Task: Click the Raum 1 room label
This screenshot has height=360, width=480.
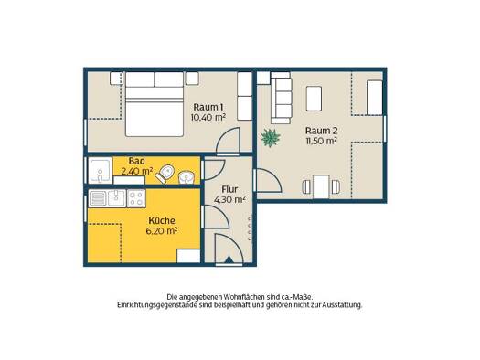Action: [208, 107]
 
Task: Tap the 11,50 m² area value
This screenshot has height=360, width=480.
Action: [322, 141]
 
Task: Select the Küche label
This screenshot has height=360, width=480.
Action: [162, 220]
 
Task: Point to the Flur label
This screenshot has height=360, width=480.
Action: [229, 190]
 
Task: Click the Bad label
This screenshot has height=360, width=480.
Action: [137, 161]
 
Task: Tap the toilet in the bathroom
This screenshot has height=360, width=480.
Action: [165, 174]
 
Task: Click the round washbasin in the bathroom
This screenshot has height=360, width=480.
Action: [187, 177]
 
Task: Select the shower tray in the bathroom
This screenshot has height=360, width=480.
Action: [100, 170]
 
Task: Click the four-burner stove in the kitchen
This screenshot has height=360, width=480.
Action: [136, 198]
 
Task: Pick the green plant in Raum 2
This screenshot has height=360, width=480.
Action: [271, 138]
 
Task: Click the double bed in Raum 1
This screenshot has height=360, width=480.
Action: [155, 104]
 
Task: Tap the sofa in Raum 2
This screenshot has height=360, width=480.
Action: [281, 98]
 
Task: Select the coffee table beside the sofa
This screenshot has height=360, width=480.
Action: [314, 99]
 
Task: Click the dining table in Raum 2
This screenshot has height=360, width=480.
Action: [321, 186]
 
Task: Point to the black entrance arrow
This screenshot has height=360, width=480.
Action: [229, 259]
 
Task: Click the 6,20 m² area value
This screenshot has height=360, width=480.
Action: [162, 231]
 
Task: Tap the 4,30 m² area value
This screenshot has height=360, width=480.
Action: [229, 200]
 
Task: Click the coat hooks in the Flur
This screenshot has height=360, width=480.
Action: [251, 228]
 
